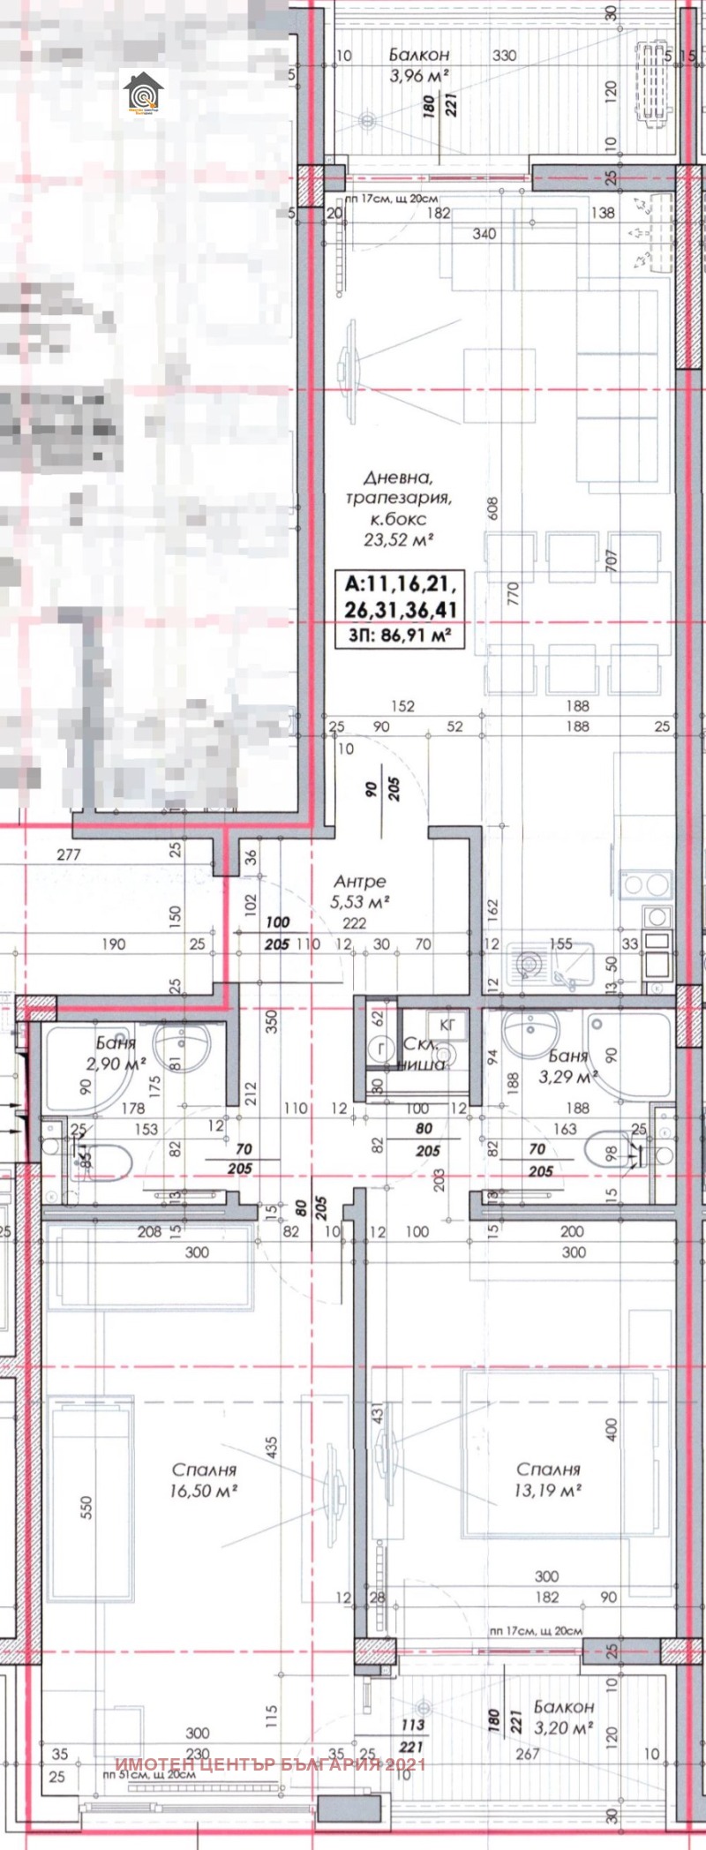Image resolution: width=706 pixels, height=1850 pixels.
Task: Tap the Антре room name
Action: [359, 882]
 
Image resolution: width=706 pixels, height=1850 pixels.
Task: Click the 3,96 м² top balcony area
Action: [420, 75]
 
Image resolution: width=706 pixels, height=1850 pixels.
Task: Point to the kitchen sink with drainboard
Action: [549, 965]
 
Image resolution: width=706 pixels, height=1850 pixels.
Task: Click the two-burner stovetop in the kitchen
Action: [657, 882]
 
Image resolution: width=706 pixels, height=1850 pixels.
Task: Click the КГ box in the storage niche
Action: [447, 1023]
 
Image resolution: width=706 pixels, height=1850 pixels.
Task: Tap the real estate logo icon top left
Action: [144, 95]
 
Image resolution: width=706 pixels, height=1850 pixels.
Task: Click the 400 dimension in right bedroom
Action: [612, 1427]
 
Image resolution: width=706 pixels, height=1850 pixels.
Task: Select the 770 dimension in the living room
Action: [512, 593]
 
